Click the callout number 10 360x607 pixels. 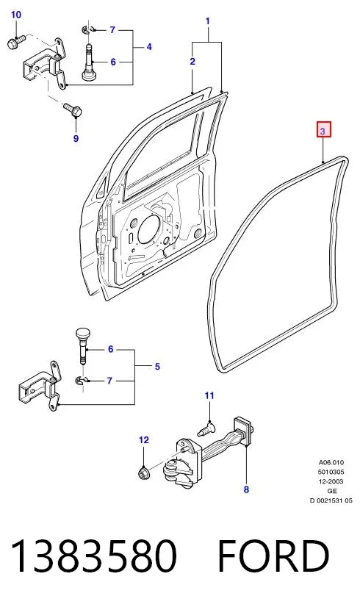pos(16,15)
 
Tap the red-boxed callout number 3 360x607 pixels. pos(323,131)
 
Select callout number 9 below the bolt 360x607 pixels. pos(76,138)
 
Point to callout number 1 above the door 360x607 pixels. pos(207,21)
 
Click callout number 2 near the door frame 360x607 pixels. pos(192,61)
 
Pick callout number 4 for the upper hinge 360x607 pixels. pos(149,47)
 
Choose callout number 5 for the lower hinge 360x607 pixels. pos(157,366)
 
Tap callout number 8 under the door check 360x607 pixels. pos(246,489)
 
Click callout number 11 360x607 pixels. pos(209,395)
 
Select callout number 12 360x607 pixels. pos(143,439)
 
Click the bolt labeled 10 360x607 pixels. pos(16,41)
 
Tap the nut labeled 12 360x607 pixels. pos(143,473)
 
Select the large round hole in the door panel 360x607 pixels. pos(148,229)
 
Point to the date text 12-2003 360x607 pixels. pos(331,481)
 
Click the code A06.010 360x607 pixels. pos(331,462)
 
